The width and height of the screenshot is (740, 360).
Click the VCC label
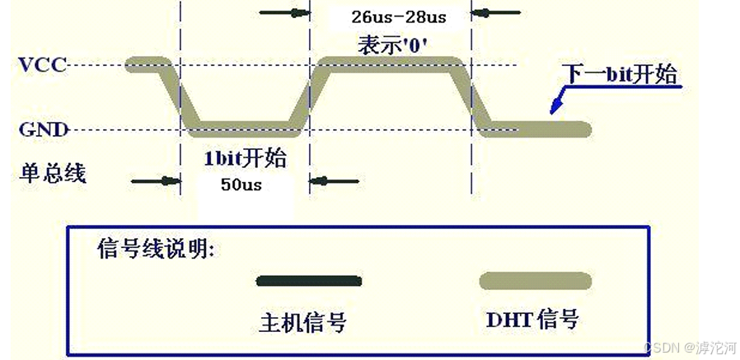point(43,64)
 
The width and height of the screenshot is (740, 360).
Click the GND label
point(42,129)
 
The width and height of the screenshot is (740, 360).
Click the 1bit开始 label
point(245,157)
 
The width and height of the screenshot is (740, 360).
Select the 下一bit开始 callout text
point(621,75)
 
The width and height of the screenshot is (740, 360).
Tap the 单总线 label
point(53,172)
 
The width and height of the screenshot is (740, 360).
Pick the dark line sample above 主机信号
point(308,281)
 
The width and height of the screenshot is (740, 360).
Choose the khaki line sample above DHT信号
point(535,281)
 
